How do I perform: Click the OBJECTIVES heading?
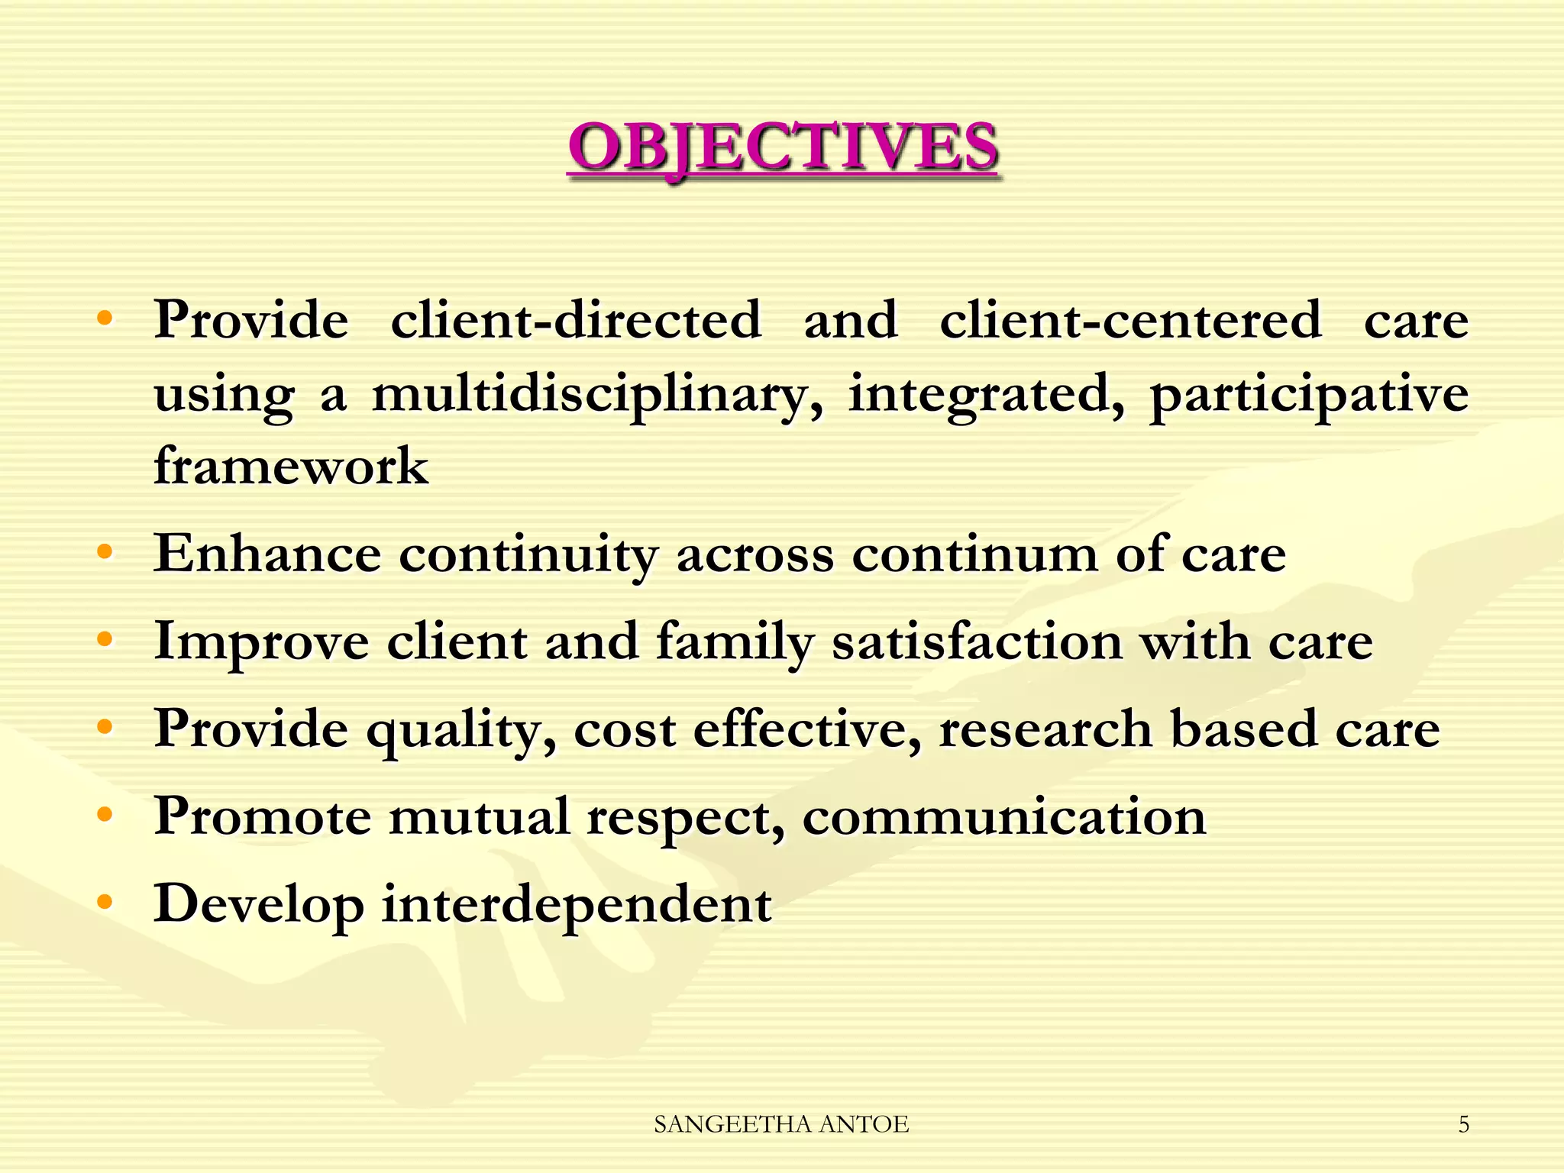(783, 147)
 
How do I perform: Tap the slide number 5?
(1463, 1124)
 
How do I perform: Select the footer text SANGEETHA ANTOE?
(781, 1124)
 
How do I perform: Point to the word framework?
(291, 466)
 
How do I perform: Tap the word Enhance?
(267, 554)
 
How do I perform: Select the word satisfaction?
(977, 641)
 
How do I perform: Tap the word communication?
(1004, 817)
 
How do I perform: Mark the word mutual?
(479, 816)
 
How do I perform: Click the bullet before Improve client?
(105, 638)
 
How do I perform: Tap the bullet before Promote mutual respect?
(105, 814)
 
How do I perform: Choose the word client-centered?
(1129, 321)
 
